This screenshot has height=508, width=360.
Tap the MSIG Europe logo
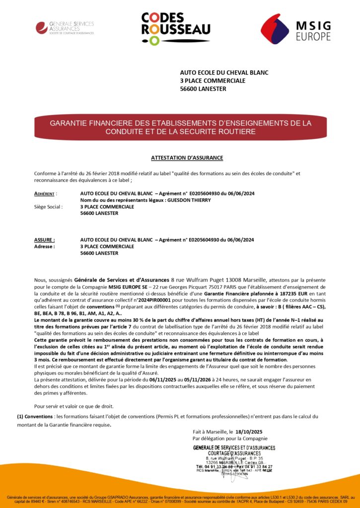coord(295,28)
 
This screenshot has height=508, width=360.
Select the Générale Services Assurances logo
coord(65,27)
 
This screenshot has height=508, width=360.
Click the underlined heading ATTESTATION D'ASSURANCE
coord(187,158)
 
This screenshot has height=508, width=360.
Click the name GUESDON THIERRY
coord(190,200)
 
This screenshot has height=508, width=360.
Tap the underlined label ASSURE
coord(44,240)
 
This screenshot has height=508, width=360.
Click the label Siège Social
coord(48,207)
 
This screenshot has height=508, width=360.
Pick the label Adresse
coord(44,246)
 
